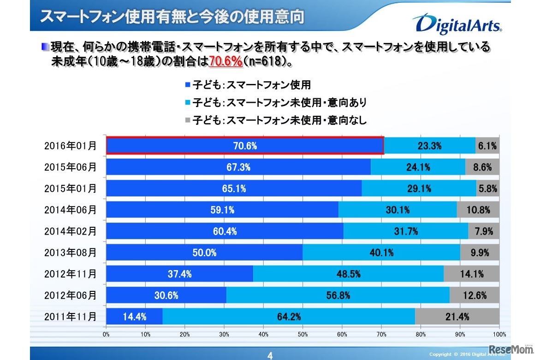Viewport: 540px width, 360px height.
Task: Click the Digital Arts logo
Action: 457,24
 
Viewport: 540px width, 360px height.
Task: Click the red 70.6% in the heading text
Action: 225,61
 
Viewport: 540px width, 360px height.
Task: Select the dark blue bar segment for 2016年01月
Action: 245,146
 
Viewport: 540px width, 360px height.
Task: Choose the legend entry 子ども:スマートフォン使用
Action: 248,84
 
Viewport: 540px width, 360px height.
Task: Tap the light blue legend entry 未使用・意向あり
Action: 276,102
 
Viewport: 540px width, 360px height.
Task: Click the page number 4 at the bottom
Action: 270,355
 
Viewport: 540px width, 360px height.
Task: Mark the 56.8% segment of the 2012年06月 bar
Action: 338,295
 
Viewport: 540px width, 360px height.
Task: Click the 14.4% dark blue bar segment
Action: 134,316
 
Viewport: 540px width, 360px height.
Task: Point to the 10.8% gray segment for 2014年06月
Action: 478,210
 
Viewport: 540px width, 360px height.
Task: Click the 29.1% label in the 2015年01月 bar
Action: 419,189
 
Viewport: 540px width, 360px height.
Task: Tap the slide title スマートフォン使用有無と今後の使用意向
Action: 172,17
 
